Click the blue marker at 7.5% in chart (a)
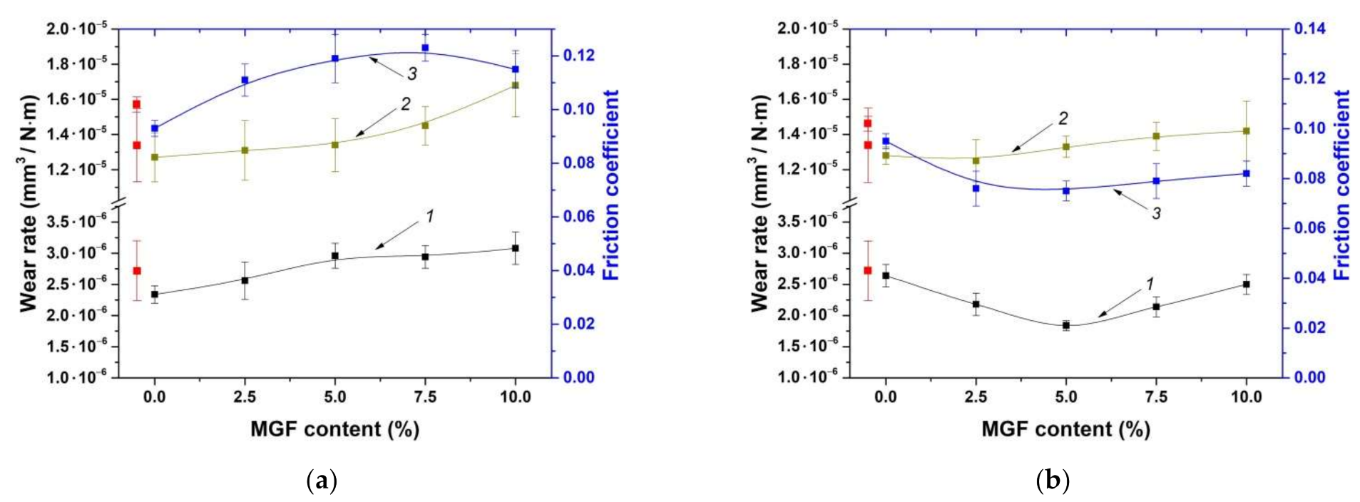point(425,48)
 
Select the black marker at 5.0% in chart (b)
point(1066,325)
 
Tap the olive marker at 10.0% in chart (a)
point(516,85)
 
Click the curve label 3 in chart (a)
point(412,74)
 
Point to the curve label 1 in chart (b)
point(1149,284)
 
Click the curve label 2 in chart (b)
point(1063,118)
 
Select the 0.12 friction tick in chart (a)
point(578,56)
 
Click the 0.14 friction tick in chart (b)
point(1309,29)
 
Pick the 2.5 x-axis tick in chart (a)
point(245,397)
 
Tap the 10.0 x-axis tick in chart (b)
point(1246,397)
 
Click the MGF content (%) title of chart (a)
point(334,429)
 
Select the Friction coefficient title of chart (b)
point(1341,184)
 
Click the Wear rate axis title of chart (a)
point(27,203)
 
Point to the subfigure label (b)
point(1052,480)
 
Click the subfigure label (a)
point(321,480)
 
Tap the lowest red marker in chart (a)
point(136,271)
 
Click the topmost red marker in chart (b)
point(867,123)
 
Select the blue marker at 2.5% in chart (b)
point(976,188)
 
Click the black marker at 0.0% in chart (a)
point(155,294)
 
